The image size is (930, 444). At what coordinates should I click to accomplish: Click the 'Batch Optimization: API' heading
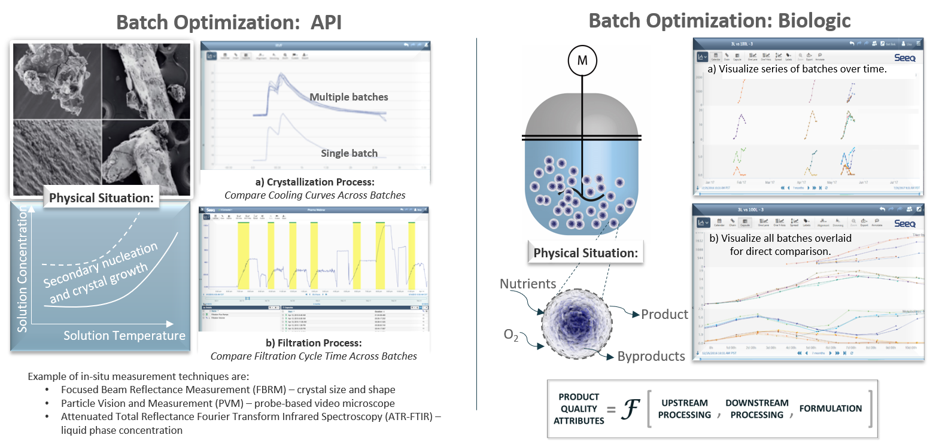[x=229, y=22]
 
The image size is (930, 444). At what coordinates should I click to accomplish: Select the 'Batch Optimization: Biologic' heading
[x=719, y=21]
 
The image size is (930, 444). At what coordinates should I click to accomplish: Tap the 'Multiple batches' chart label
[x=348, y=97]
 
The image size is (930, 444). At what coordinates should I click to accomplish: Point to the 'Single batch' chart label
[x=349, y=153]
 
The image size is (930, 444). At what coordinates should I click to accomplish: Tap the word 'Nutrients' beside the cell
[x=528, y=284]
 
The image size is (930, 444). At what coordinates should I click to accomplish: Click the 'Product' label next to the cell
[x=664, y=314]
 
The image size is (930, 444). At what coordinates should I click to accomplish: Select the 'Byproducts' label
[x=651, y=357]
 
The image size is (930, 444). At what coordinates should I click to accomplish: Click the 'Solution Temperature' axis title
[x=124, y=336]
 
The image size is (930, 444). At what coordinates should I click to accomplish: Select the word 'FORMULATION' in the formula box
[x=830, y=409]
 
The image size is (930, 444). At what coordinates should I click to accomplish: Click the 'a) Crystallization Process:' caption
[x=315, y=181]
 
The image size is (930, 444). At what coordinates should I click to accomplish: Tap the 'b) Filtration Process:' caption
[x=314, y=343]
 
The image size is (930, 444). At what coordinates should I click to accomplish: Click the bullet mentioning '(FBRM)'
[x=228, y=390]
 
